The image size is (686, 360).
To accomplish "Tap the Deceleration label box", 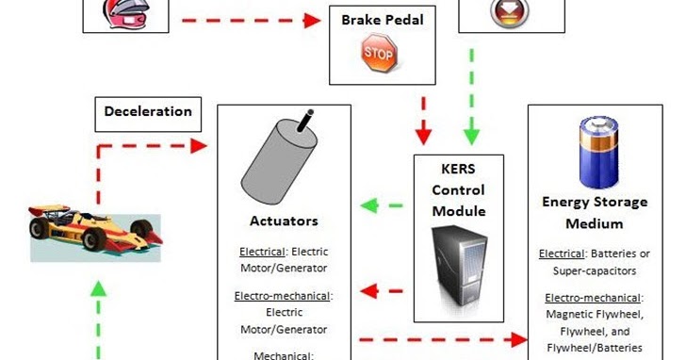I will [x=147, y=111].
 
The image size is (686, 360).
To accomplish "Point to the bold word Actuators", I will [x=285, y=221].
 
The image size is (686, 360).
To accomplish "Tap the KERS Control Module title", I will [x=458, y=189].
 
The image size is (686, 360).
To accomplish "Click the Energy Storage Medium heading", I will [x=595, y=212].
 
